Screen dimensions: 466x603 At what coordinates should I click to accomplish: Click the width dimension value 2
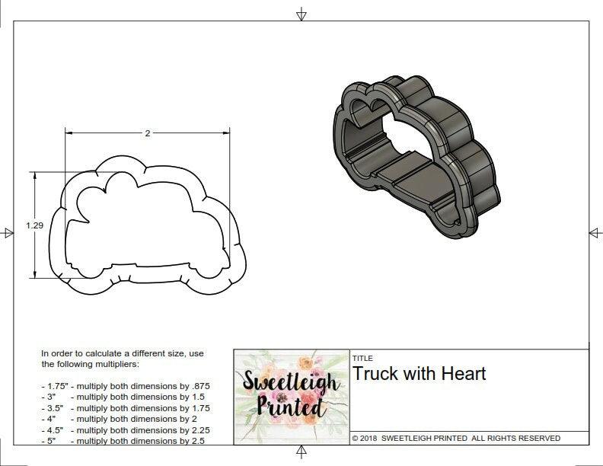(148, 132)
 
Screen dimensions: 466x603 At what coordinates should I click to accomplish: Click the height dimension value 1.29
(33, 225)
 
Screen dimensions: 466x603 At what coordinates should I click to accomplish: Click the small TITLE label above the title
(362, 358)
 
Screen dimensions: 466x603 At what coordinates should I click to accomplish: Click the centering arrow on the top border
(301, 13)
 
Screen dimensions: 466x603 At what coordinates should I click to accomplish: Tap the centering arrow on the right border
(592, 232)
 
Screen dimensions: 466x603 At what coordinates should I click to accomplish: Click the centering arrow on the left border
(8, 232)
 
